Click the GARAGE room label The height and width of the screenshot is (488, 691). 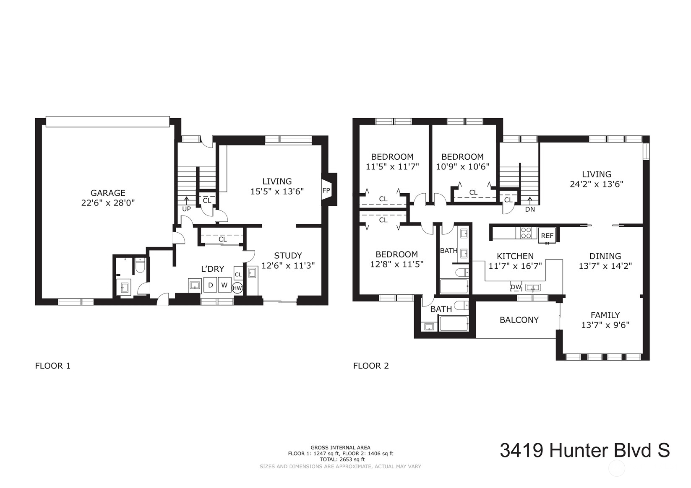click(108, 193)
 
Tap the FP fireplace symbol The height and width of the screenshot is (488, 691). click(326, 190)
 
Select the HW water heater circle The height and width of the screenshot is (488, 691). click(237, 288)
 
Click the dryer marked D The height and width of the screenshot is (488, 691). click(211, 286)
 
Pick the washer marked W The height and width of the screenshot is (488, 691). click(224, 286)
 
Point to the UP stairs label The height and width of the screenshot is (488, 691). click(186, 209)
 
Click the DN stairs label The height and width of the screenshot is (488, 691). click(530, 209)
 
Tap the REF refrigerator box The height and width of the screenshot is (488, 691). click(547, 236)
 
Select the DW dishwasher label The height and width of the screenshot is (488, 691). click(516, 287)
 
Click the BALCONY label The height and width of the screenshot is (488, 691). click(519, 320)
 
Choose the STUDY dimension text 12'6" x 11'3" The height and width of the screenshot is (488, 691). click(288, 265)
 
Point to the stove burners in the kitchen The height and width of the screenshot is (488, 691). click(526, 233)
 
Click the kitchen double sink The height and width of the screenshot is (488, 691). click(533, 288)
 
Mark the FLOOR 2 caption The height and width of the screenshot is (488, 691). click(371, 366)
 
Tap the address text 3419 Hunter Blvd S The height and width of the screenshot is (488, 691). click(584, 451)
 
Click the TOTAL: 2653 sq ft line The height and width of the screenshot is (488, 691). click(340, 459)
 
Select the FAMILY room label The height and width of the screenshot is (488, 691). click(605, 315)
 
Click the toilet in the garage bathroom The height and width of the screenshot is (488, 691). click(140, 266)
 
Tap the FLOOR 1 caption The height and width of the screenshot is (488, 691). click(52, 366)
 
